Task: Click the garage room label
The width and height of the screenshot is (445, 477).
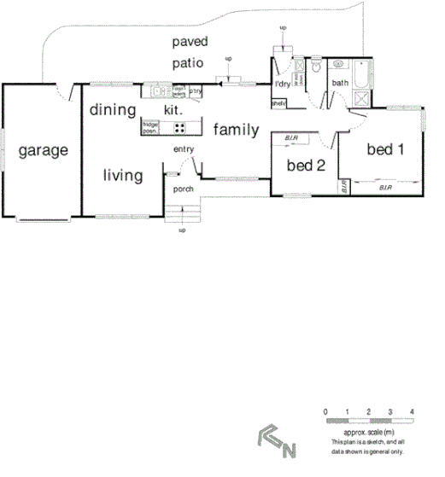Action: tap(43, 151)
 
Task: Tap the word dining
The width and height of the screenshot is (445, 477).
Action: tap(112, 110)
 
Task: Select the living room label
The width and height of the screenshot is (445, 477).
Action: tap(122, 175)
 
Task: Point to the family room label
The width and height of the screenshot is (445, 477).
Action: tap(237, 130)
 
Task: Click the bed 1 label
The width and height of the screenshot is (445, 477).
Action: tap(384, 149)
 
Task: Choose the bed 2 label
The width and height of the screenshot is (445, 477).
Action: tap(306, 165)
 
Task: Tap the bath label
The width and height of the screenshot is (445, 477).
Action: tap(341, 83)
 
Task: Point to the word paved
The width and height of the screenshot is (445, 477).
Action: tap(190, 41)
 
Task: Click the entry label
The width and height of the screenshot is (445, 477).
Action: tap(184, 150)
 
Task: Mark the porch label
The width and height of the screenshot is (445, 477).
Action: tap(184, 189)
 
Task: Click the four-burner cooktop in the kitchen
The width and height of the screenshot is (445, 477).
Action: tap(180, 128)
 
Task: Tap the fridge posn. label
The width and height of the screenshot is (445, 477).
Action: tap(150, 129)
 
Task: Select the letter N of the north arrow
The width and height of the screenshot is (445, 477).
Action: tap(290, 449)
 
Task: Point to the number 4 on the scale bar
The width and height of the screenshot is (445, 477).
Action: tap(413, 412)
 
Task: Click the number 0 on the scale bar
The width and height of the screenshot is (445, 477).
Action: tap(325, 412)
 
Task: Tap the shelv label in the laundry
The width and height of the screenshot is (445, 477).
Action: tap(278, 103)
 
